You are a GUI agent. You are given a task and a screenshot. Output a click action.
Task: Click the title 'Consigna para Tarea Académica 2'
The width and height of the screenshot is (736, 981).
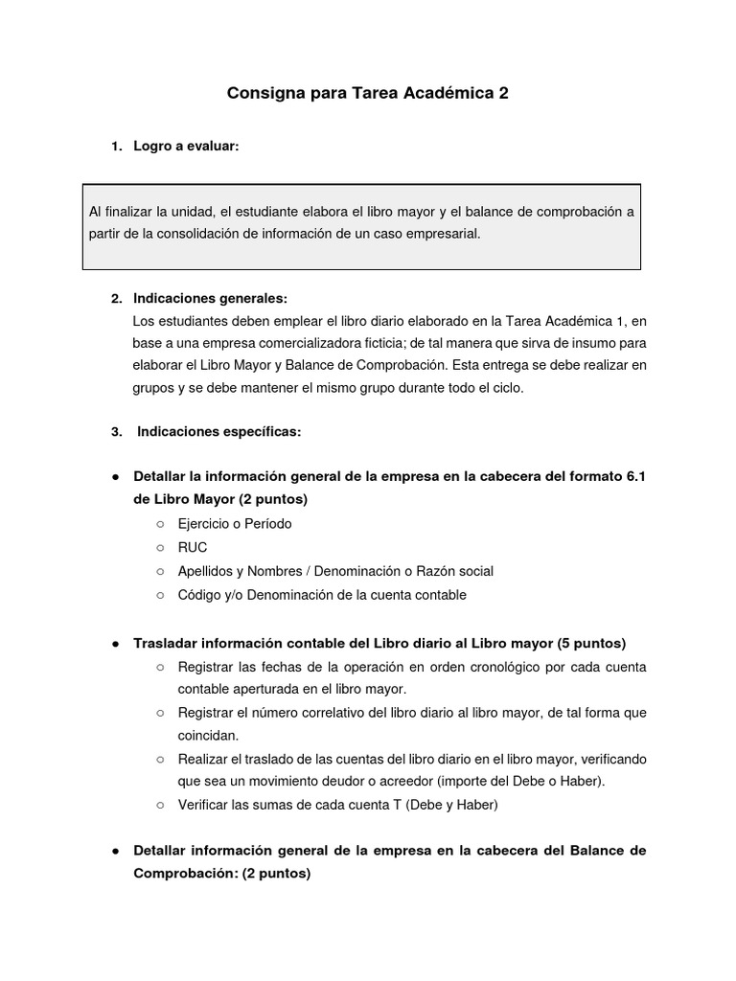(x=367, y=94)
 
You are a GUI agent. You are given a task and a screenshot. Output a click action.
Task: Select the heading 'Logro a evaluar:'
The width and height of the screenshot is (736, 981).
(x=186, y=147)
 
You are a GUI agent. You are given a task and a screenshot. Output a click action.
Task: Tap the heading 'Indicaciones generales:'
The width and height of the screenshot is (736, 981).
(x=210, y=298)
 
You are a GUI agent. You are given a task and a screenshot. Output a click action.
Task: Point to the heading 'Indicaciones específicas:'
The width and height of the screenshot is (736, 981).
(x=218, y=432)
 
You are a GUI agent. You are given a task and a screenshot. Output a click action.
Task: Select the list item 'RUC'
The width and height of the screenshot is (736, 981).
(x=193, y=548)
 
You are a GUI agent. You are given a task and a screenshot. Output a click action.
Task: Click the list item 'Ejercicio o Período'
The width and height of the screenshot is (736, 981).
(x=235, y=524)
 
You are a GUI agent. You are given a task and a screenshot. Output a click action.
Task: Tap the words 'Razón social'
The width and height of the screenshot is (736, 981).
(x=454, y=571)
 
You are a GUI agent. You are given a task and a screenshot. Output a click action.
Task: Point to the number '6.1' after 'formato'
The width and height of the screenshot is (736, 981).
(x=634, y=476)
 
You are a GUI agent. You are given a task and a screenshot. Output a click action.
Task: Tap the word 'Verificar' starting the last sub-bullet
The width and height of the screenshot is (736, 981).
(x=205, y=806)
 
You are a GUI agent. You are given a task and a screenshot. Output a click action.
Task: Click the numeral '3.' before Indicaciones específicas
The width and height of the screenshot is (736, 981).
(x=117, y=432)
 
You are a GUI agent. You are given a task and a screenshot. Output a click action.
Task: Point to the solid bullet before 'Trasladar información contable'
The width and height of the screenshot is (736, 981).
(x=115, y=643)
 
